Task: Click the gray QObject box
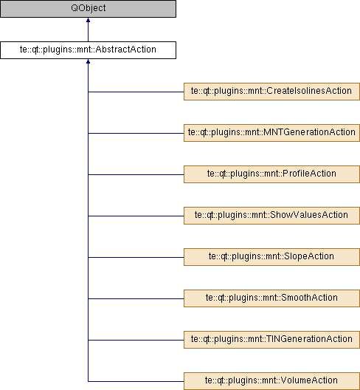point(89,9)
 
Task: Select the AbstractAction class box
point(89,50)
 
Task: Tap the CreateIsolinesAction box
point(271,92)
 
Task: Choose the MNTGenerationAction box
point(271,133)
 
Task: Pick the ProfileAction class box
point(271,174)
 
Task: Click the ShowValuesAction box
point(271,216)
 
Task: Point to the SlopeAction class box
point(271,257)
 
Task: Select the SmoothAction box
point(271,298)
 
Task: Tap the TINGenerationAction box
point(271,340)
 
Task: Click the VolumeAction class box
point(271,381)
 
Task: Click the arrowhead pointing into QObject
point(88,20)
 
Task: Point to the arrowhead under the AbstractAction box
point(88,61)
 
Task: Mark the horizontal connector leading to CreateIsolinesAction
point(136,92)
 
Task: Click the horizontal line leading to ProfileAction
point(136,174)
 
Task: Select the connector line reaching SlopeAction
point(136,257)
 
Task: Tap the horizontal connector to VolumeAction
point(136,381)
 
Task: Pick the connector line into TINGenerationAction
point(136,340)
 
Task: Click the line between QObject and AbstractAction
point(88,30)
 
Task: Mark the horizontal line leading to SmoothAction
point(136,298)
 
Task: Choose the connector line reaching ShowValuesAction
point(136,216)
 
